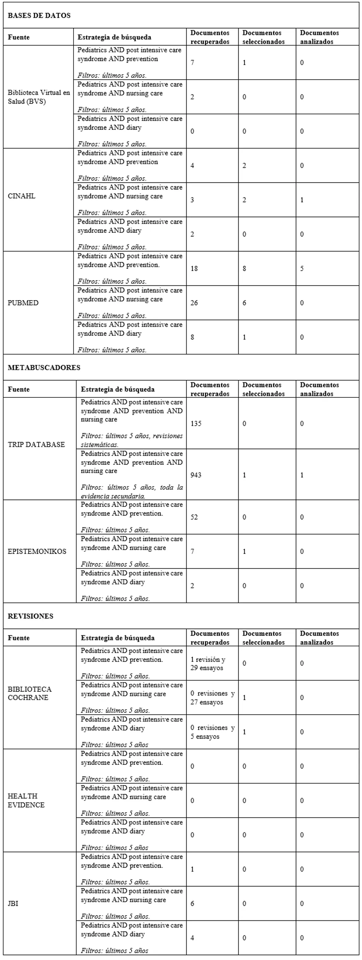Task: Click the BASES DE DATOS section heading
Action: click(x=39, y=16)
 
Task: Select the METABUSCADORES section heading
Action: click(x=44, y=367)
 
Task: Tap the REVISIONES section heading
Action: click(x=30, y=616)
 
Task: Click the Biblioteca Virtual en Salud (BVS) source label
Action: click(x=39, y=97)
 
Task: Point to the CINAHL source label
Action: click(x=22, y=196)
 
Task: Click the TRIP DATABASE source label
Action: click(x=36, y=444)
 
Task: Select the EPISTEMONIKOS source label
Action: click(x=37, y=551)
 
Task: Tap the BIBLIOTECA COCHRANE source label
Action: click(x=30, y=693)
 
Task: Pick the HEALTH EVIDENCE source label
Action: click(x=26, y=800)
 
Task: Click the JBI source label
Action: click(x=13, y=903)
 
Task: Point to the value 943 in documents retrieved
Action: click(x=196, y=475)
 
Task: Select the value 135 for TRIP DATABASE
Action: click(x=196, y=423)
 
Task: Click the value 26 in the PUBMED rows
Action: click(x=194, y=303)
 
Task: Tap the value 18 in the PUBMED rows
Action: click(x=194, y=268)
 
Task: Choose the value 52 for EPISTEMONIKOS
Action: click(x=194, y=517)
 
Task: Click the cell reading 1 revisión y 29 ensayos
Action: click(x=208, y=663)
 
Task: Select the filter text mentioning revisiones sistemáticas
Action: click(x=132, y=440)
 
